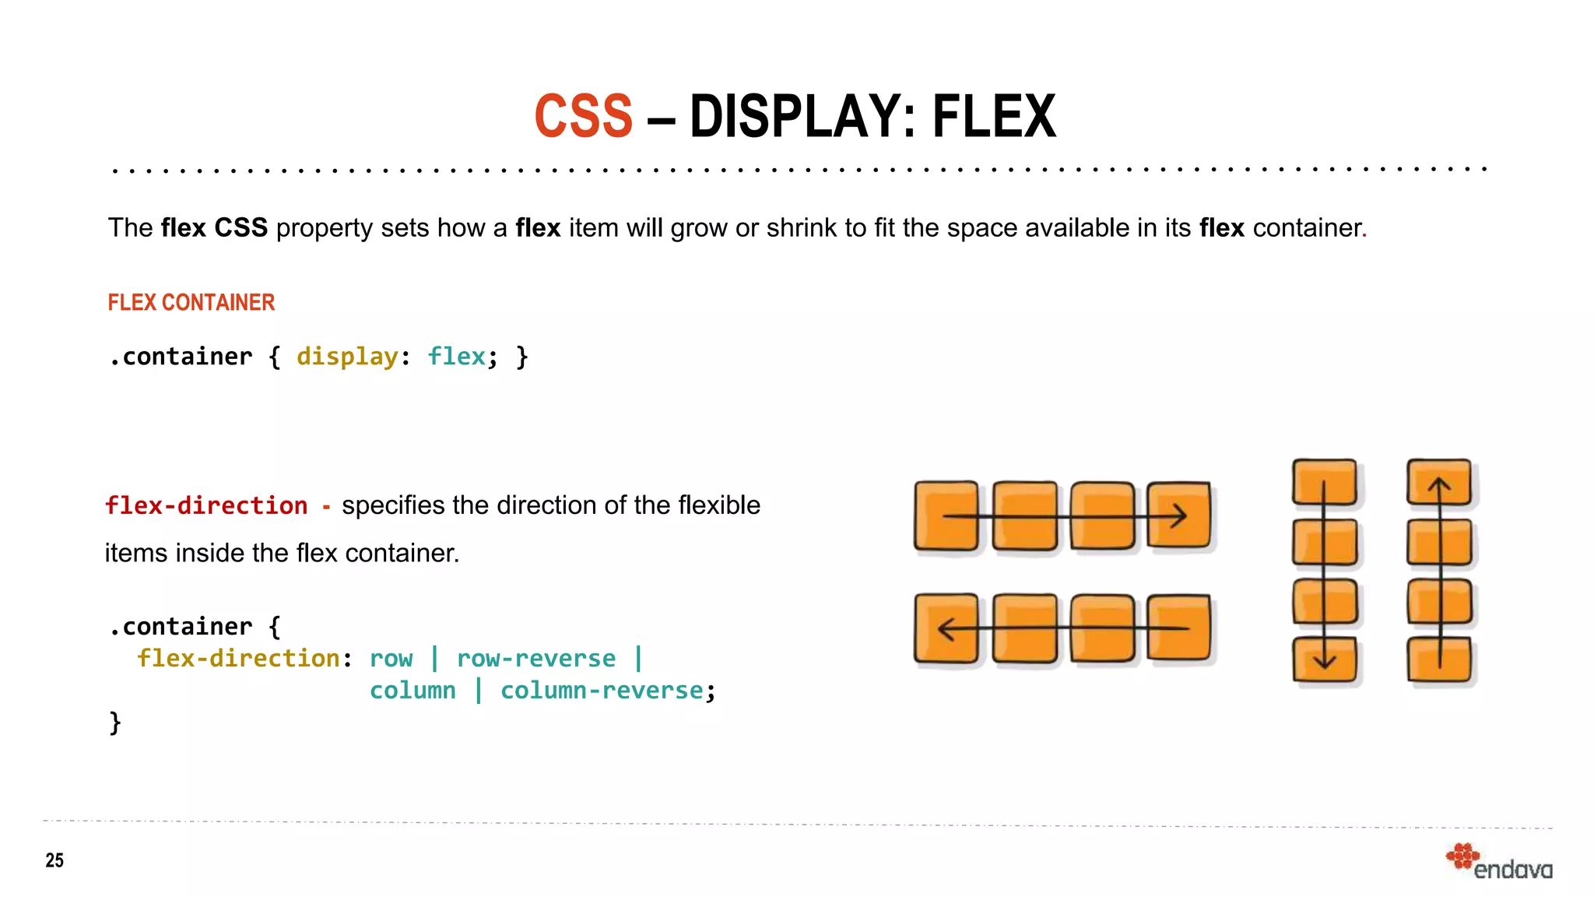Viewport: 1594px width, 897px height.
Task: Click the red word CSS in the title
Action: click(583, 117)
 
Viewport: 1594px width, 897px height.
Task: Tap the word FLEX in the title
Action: click(994, 117)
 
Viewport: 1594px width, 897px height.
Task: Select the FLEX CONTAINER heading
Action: click(191, 302)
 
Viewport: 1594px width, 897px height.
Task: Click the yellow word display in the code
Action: click(347, 357)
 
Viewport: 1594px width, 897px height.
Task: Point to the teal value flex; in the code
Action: click(461, 357)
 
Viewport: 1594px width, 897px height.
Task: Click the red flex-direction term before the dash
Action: click(206, 505)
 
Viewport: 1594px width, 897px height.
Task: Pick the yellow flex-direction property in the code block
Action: click(238, 659)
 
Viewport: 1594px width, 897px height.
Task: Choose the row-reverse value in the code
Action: click(536, 659)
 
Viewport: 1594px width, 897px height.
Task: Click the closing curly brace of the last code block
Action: click(115, 723)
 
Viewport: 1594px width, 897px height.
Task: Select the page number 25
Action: click(54, 860)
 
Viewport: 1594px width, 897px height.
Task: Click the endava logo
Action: click(1500, 863)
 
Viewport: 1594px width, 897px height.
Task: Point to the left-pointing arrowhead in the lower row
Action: click(946, 628)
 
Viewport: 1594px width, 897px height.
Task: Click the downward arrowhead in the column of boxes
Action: click(1324, 662)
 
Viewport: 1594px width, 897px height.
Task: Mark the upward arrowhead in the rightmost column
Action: click(1439, 486)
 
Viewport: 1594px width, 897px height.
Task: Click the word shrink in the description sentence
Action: click(802, 228)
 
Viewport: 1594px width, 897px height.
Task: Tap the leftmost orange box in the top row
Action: click(946, 515)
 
